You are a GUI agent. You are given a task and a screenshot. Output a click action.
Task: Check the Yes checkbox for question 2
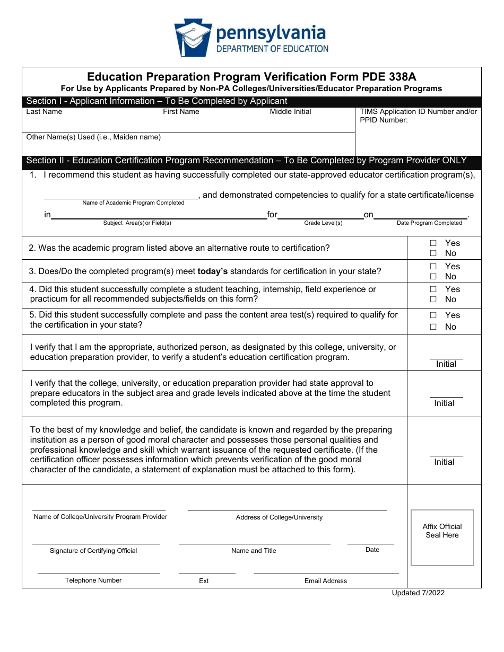coord(433,243)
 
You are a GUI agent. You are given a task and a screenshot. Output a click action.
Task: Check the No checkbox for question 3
coord(433,277)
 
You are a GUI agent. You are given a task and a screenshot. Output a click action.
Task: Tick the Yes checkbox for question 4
coord(433,289)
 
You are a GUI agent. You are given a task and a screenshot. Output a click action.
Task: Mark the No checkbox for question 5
coord(433,327)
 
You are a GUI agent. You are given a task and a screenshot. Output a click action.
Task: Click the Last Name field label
coord(44,112)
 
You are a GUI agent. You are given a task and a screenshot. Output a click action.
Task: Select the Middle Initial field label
coord(290,112)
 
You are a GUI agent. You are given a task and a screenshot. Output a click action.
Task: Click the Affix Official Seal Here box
coord(442,538)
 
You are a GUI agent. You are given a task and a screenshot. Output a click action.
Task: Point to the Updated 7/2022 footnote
coord(418,593)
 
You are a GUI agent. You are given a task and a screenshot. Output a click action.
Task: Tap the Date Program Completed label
coord(429,223)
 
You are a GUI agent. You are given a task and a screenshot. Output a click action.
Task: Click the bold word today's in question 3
coord(212,271)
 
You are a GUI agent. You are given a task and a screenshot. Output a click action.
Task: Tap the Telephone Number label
coord(93,580)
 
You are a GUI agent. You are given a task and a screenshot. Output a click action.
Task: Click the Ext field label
coord(204,581)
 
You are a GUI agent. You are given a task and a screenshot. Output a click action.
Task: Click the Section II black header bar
coord(251,161)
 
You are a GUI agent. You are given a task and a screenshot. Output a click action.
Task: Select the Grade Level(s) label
coord(323,223)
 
